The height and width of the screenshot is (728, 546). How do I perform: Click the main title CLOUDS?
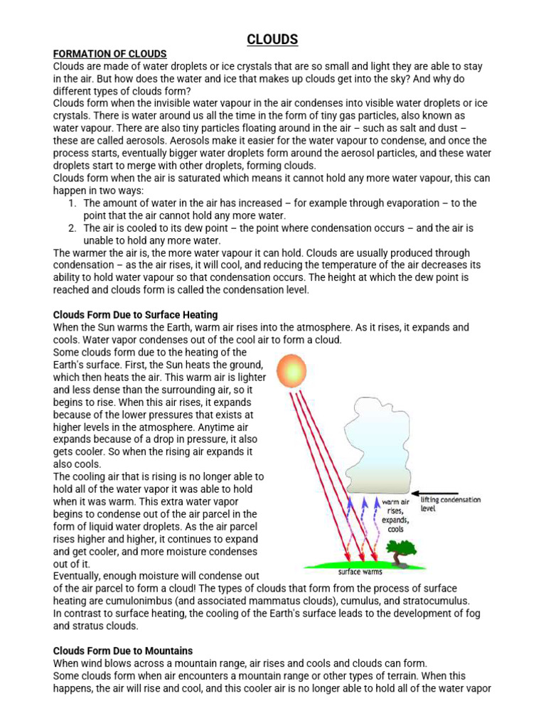(x=272, y=40)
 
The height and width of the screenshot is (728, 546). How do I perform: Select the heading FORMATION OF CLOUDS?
(x=110, y=54)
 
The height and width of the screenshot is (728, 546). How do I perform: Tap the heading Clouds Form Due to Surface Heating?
(x=136, y=314)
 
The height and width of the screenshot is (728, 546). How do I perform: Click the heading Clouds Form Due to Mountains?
(x=123, y=651)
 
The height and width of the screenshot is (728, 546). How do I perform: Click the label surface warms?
(x=360, y=571)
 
